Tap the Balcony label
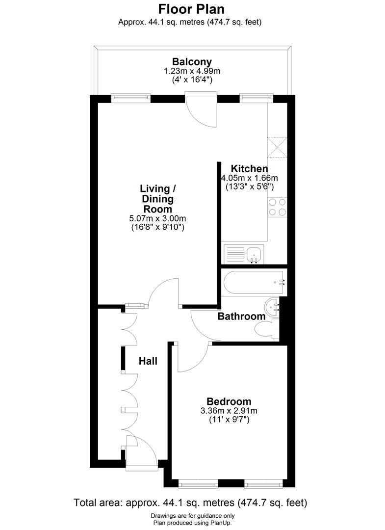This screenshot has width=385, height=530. coord(192,62)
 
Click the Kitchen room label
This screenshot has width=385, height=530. coord(250,168)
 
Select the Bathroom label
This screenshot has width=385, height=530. coord(241,317)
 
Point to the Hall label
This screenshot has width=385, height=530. coord(148,361)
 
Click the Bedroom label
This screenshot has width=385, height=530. coord(229,401)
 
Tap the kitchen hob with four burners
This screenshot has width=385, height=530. coord(277,207)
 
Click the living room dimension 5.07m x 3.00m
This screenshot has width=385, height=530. coord(157,218)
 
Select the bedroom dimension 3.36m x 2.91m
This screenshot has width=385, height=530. coord(229,411)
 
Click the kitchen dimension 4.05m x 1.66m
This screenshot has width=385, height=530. coord(250,178)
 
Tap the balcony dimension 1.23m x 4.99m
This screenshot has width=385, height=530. coord(192,71)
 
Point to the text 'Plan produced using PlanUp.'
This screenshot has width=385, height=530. coord(192,523)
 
